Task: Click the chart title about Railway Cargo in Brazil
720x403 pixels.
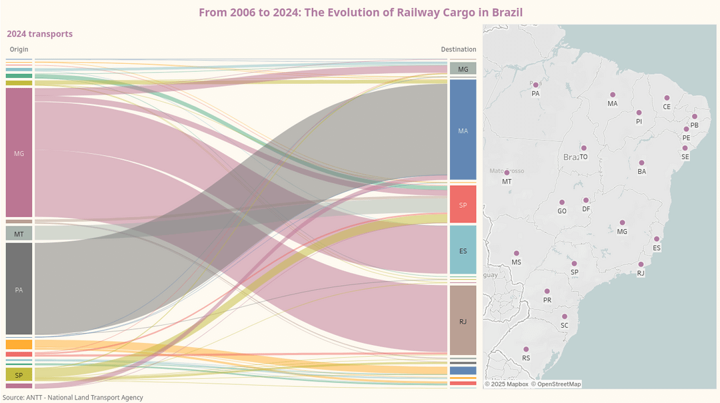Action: pos(361,12)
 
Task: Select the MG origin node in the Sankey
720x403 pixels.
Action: pos(19,153)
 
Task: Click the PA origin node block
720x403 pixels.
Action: pos(19,289)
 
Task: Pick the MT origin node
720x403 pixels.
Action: pos(19,234)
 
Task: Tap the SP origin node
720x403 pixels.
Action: pos(19,375)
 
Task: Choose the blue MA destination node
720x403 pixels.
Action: pos(463,131)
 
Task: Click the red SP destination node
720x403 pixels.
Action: pos(463,204)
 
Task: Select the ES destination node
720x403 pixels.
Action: pos(463,250)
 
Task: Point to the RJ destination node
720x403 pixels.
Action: pos(463,321)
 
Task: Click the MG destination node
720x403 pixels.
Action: pos(463,69)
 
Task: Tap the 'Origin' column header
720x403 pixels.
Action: pos(19,49)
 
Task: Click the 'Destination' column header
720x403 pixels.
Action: pos(459,49)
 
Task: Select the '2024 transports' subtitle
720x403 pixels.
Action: pos(40,34)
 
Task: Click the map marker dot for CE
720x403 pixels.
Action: pos(667,98)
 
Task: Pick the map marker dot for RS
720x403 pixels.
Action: pos(526,349)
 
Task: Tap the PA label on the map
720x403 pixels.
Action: pos(535,94)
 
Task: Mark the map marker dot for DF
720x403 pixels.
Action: pos(586,201)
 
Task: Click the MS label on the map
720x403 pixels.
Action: pos(516,262)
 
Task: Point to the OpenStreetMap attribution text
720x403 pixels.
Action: pos(555,384)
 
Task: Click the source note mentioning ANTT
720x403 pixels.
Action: pos(73,397)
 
